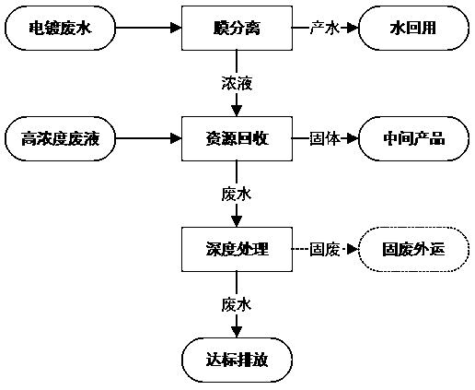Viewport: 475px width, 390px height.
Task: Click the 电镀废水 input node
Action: [60, 28]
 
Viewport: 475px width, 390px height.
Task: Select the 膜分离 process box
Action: [237, 28]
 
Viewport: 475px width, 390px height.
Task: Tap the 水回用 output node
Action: [413, 28]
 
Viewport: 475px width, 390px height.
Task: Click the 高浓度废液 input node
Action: [60, 138]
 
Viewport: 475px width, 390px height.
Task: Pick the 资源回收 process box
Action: [237, 138]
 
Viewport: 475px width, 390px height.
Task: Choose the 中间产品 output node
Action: [413, 138]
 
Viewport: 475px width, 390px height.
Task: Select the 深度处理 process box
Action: [237, 249]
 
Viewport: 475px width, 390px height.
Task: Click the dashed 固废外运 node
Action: [413, 249]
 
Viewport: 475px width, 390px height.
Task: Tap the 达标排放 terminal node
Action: [237, 360]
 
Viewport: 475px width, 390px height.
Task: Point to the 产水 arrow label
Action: [324, 28]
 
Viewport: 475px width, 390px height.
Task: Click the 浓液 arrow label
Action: [237, 84]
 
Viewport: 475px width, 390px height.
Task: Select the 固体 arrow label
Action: [324, 138]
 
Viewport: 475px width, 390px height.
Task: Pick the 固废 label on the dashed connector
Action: [324, 249]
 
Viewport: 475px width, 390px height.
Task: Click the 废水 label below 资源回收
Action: [237, 195]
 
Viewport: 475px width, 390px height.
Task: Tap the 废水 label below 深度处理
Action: [237, 305]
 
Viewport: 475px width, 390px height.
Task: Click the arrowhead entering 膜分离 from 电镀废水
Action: [176, 28]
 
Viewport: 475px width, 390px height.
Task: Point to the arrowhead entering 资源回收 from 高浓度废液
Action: [176, 138]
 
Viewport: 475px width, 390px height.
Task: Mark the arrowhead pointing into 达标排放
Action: [237, 332]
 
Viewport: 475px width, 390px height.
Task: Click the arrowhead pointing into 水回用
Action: [353, 28]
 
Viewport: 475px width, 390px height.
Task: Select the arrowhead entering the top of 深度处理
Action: [237, 222]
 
